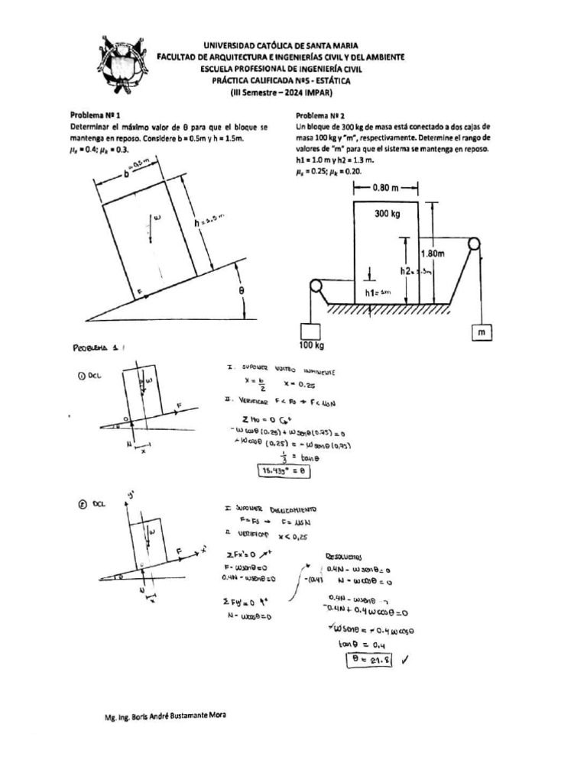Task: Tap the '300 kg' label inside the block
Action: pyautogui.click(x=388, y=215)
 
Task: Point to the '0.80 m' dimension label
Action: pyautogui.click(x=390, y=186)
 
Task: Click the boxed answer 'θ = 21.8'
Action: pyautogui.click(x=368, y=661)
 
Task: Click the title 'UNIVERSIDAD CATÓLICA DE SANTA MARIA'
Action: pyautogui.click(x=281, y=46)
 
